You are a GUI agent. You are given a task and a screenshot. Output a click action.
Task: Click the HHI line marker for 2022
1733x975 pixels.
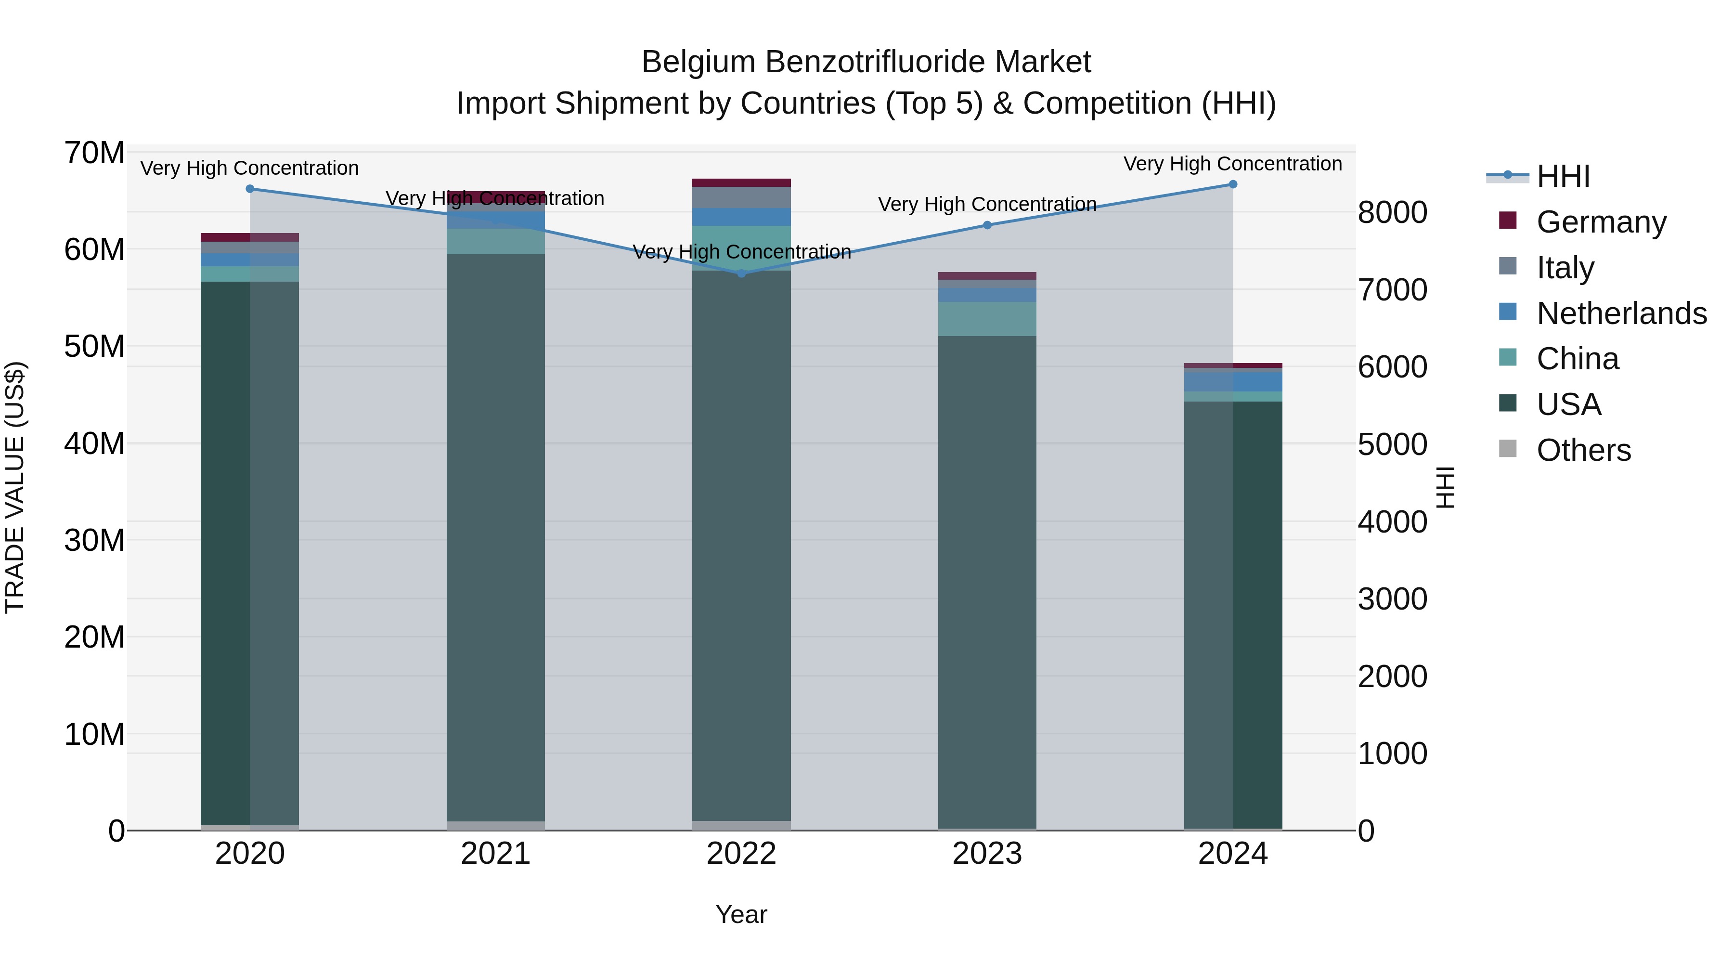coord(741,273)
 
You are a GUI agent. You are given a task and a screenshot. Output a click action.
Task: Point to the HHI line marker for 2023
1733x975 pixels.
coord(987,225)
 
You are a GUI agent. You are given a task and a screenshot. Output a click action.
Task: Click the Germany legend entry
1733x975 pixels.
coord(1601,222)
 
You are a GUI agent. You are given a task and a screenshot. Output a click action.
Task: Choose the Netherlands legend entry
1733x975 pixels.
coord(1621,313)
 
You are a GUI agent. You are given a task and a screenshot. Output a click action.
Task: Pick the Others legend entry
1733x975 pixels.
coord(1584,450)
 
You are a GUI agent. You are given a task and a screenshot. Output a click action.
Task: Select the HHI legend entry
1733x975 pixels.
coord(1563,176)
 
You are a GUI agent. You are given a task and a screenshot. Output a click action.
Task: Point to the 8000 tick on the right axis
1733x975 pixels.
coord(1392,213)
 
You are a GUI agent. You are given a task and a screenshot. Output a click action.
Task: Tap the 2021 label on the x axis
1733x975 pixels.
coord(496,854)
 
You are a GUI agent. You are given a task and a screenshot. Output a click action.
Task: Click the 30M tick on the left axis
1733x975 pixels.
coord(94,540)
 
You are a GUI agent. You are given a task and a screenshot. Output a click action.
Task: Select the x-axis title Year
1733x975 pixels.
coord(741,914)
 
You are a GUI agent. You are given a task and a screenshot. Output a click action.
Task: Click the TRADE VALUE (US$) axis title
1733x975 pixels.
coord(15,487)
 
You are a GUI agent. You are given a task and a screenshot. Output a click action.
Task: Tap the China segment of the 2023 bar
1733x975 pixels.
coord(987,319)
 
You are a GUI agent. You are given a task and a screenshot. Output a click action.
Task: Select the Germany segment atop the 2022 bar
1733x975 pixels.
coord(741,182)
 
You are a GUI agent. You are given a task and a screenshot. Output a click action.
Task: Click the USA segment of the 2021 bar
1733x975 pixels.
coord(496,538)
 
